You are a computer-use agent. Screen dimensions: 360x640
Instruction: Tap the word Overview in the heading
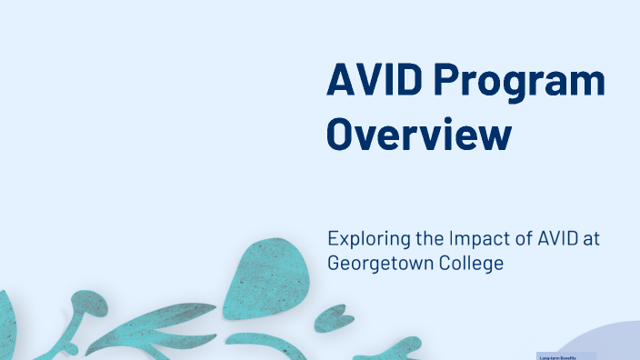tap(419, 134)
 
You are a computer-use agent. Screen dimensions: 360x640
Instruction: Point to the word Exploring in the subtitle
tap(365, 240)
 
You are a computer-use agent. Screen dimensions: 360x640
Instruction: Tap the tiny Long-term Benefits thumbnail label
tap(558, 356)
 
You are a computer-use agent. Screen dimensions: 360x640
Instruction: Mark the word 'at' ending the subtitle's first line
tap(592, 239)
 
